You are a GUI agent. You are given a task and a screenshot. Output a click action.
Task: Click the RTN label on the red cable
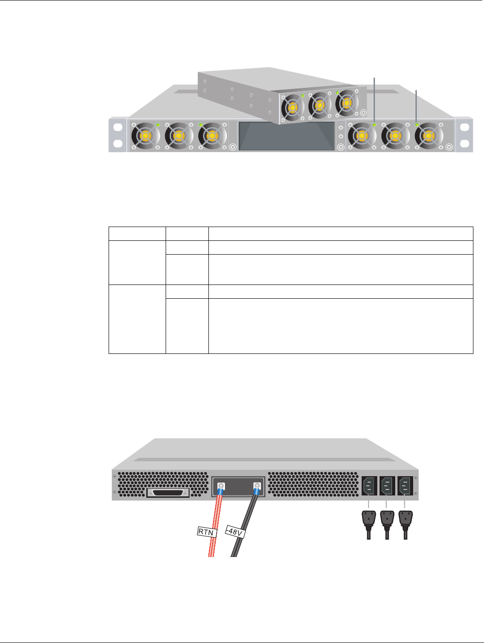click(x=206, y=532)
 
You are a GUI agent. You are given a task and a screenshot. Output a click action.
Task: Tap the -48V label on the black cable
click(x=235, y=533)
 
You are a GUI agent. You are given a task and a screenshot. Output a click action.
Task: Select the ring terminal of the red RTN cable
click(x=221, y=485)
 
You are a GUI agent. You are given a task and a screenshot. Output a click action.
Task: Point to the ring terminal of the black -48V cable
click(x=257, y=485)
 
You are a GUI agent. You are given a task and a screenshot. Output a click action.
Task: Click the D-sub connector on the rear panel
click(x=168, y=493)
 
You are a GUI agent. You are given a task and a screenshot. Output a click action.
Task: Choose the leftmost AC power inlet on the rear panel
click(x=369, y=485)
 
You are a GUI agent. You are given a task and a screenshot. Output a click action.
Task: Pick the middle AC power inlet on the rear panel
click(x=387, y=485)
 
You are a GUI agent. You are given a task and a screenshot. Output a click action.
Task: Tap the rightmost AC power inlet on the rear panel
click(x=405, y=485)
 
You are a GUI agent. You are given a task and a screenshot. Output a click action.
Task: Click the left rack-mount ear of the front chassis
click(x=117, y=135)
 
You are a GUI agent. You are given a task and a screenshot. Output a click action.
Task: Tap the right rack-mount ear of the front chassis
click(x=464, y=135)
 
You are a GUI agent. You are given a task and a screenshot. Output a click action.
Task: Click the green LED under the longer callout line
click(x=374, y=125)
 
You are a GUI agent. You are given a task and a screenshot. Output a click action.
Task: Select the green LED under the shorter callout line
click(x=417, y=125)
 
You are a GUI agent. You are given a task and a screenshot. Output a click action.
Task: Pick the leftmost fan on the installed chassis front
click(x=145, y=136)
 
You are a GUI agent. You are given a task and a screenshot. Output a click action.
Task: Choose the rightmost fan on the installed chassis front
click(x=428, y=136)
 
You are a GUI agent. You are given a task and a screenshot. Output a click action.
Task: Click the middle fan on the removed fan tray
click(x=319, y=105)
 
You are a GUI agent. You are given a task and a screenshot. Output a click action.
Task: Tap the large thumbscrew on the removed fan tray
click(x=363, y=112)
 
